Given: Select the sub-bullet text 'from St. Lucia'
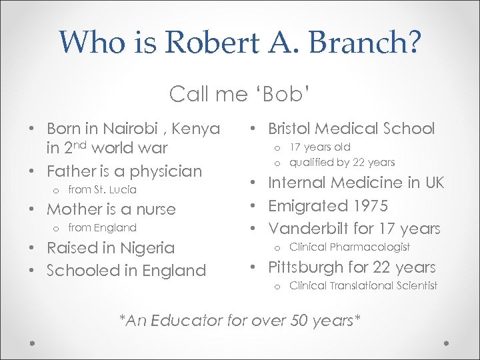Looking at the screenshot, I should click(101, 190).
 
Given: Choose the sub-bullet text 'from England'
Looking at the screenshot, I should click(101, 228).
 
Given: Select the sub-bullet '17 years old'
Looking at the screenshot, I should click(319, 147).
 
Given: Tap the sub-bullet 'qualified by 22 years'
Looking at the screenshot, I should click(342, 162).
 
